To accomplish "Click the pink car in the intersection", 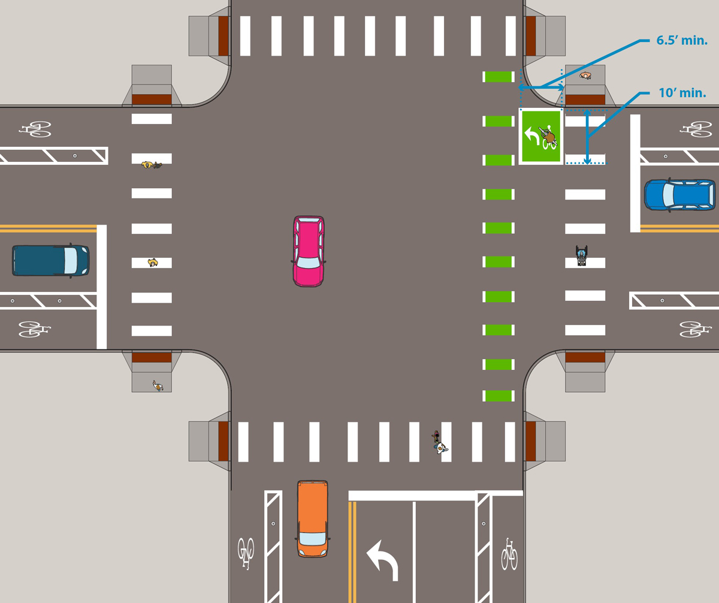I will (x=309, y=251).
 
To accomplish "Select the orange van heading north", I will (x=313, y=518).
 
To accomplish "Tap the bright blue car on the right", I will (x=679, y=195).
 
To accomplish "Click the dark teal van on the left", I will (x=50, y=260).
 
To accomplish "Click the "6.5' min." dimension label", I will (x=678, y=41).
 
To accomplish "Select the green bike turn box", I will (x=540, y=137).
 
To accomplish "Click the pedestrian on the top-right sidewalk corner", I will (x=585, y=76).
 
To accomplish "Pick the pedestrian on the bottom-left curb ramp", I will (x=158, y=386).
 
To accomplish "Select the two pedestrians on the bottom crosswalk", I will (x=440, y=442).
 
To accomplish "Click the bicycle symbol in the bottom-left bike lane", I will (x=246, y=553).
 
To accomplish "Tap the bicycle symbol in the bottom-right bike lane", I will (x=509, y=554).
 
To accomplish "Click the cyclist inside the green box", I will (x=548, y=137).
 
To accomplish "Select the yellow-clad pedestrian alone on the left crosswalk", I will (x=153, y=262).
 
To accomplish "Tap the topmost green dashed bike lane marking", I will (x=499, y=77).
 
